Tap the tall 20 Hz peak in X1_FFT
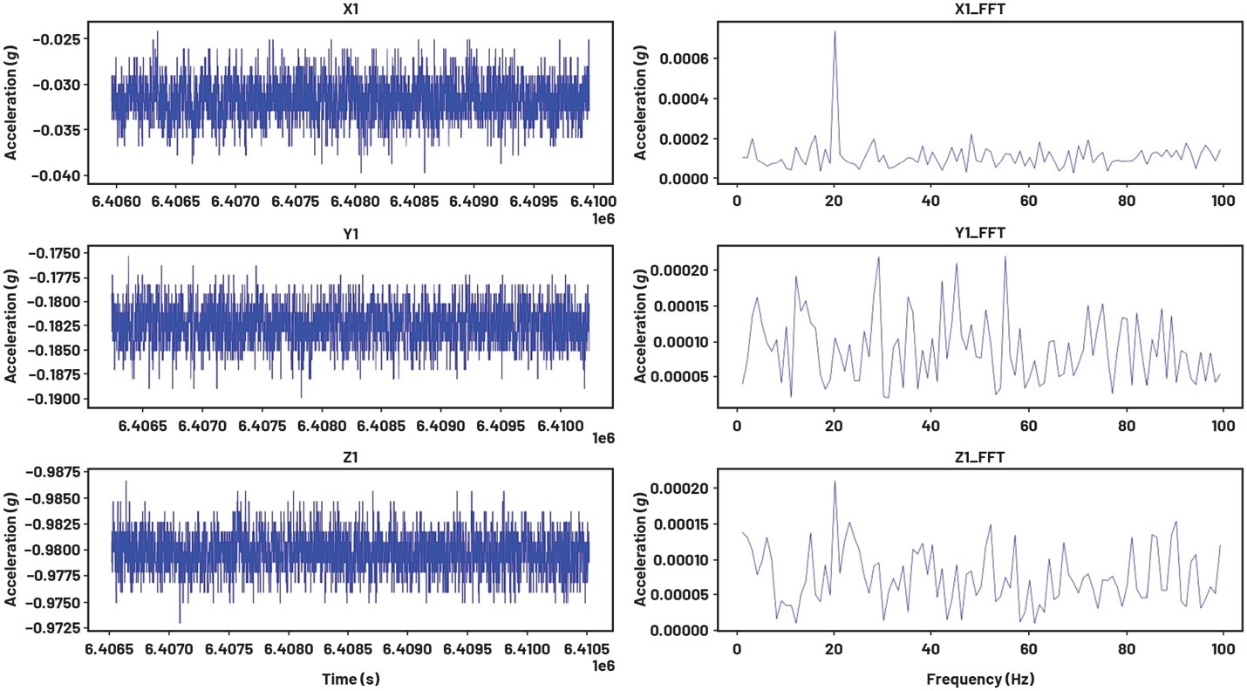(x=835, y=32)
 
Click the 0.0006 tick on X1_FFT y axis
(x=685, y=58)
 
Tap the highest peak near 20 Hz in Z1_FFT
(x=835, y=482)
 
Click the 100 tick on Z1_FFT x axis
(x=1222, y=651)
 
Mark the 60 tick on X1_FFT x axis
(x=1028, y=200)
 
